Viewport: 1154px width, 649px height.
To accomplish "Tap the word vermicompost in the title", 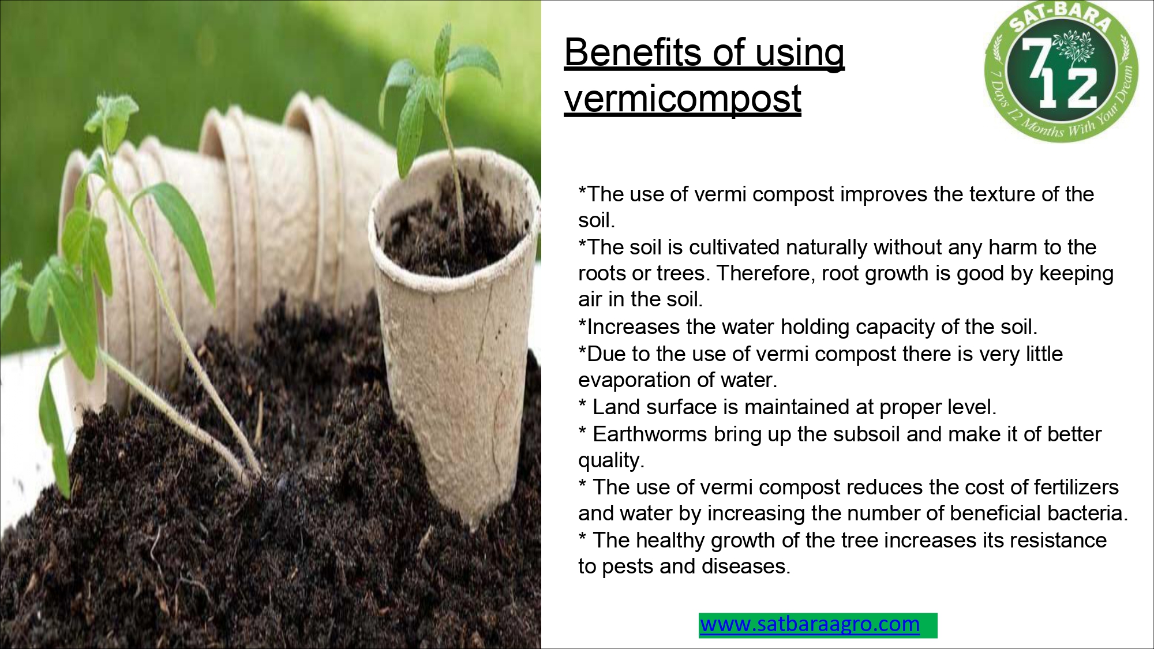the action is [x=683, y=99].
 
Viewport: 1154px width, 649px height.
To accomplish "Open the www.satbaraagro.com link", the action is [x=810, y=624].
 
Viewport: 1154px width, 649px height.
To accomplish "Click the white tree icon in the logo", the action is [x=1074, y=46].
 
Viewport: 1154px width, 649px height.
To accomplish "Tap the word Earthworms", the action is [x=650, y=434].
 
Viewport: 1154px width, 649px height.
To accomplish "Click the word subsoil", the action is [x=863, y=434].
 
